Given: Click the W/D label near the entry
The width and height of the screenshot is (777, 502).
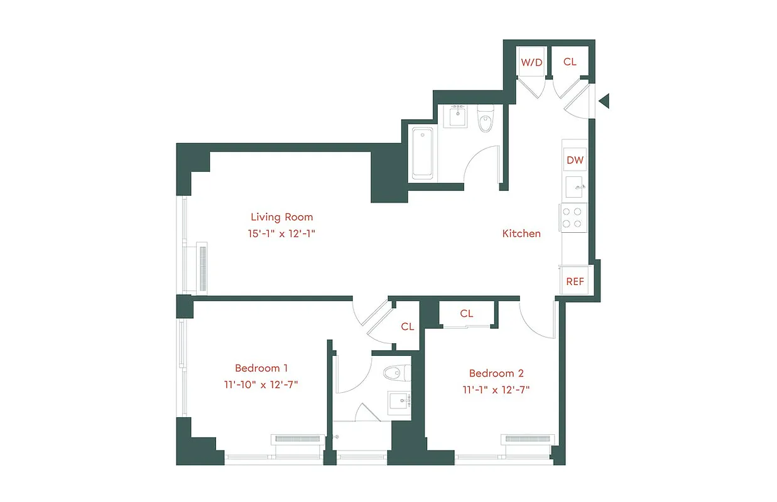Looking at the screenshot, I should [531, 62].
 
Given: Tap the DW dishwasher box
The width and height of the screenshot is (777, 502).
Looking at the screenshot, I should [575, 160].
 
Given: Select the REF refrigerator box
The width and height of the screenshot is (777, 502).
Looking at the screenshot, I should [575, 281].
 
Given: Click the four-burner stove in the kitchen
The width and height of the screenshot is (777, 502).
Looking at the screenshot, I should [574, 218].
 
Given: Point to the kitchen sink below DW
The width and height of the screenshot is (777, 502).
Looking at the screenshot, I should [575, 186].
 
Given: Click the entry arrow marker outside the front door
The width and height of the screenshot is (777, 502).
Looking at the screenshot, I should [604, 101].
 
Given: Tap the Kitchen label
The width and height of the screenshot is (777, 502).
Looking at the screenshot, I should [521, 233].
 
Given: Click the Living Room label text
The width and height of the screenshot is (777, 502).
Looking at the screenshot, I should [281, 217].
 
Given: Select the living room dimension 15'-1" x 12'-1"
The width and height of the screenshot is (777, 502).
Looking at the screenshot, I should [281, 233].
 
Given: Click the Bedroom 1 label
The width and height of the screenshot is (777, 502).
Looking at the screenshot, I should [261, 368].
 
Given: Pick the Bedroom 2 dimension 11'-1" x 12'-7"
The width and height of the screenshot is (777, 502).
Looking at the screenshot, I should [496, 389].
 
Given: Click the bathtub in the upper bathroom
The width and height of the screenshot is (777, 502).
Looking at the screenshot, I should [421, 152].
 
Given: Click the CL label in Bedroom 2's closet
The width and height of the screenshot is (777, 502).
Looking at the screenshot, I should [466, 314].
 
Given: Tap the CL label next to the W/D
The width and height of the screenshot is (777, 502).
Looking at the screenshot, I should [570, 61].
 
